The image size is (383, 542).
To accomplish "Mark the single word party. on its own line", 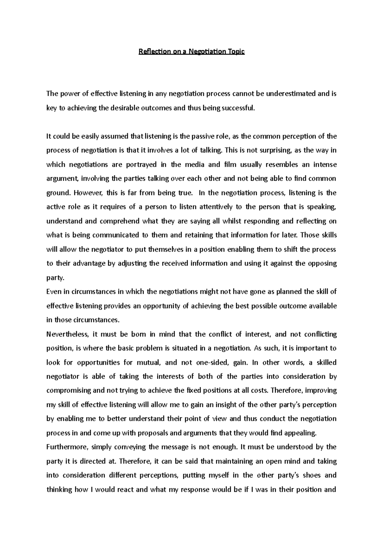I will coord(55,278).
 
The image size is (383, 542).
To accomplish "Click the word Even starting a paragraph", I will coord(53,292).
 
